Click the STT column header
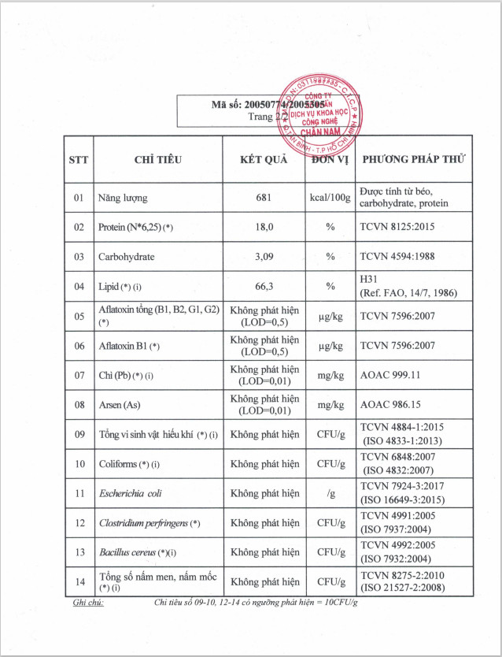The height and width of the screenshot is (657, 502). pyautogui.click(x=79, y=159)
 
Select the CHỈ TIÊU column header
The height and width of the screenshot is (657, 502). pyautogui.click(x=158, y=159)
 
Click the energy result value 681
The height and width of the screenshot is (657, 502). pyautogui.click(x=264, y=198)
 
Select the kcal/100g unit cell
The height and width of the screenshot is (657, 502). pyautogui.click(x=330, y=198)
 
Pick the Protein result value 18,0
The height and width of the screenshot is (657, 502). pyautogui.click(x=264, y=227)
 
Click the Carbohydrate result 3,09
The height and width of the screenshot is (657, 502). pyautogui.click(x=264, y=257)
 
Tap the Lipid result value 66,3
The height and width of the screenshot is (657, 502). pyautogui.click(x=264, y=287)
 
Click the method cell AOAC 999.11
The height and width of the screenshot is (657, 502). pyautogui.click(x=391, y=375)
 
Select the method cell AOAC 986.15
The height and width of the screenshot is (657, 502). pyautogui.click(x=391, y=405)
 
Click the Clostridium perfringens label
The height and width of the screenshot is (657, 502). pyautogui.click(x=149, y=523)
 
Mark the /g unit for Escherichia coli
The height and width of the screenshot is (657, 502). pyautogui.click(x=330, y=494)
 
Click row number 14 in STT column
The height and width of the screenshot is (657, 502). pyautogui.click(x=79, y=582)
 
